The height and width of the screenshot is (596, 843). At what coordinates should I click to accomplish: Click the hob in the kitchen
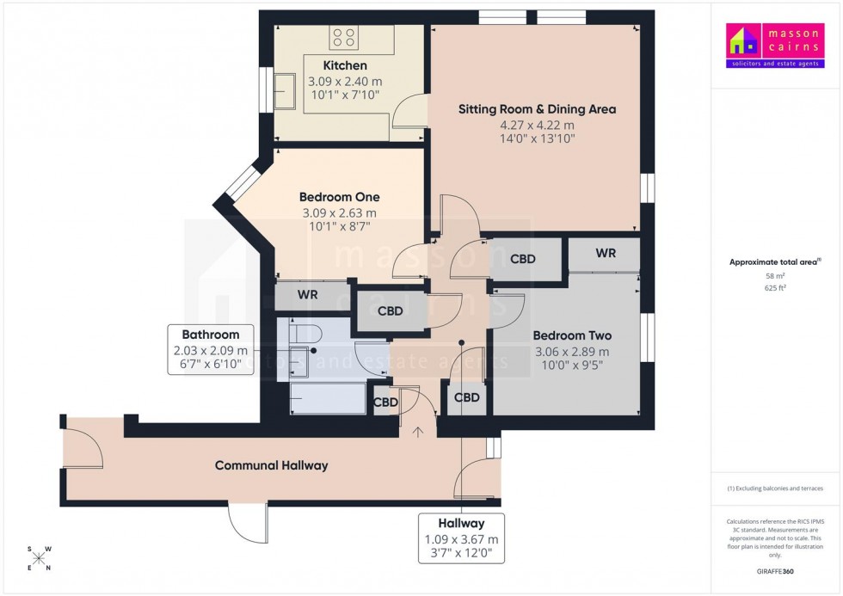click(x=344, y=37)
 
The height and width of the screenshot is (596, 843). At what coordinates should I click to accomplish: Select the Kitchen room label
click(x=345, y=65)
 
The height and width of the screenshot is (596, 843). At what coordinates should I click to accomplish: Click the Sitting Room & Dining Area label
click(x=537, y=109)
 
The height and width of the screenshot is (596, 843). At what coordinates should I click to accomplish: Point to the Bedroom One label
click(x=339, y=197)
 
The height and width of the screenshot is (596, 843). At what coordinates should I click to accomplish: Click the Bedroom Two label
click(x=572, y=335)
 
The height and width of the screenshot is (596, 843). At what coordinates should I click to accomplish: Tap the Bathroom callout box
click(x=211, y=350)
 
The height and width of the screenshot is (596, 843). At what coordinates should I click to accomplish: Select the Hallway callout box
click(x=461, y=538)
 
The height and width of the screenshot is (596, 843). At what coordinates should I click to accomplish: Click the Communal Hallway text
click(x=271, y=465)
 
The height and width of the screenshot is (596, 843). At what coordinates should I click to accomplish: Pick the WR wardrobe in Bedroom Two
click(x=605, y=254)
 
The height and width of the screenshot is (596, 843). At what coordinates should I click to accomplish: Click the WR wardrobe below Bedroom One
click(x=308, y=295)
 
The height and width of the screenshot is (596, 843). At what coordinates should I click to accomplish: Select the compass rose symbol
click(x=40, y=557)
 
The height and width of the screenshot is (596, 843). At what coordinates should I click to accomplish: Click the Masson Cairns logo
click(x=775, y=46)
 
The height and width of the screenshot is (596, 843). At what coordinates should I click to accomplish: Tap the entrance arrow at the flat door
click(x=419, y=431)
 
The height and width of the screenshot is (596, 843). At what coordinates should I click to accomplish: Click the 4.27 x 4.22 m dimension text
click(x=537, y=125)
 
